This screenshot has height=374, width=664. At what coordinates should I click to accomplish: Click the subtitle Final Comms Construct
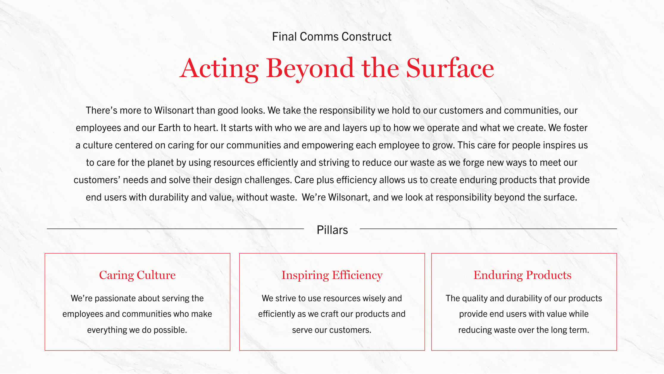click(332, 37)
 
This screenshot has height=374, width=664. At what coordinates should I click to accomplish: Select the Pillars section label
click(332, 230)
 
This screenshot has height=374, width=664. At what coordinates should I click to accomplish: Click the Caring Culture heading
click(137, 275)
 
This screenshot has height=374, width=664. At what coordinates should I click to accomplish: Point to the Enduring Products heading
click(522, 275)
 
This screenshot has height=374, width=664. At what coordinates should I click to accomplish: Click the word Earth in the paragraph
click(169, 128)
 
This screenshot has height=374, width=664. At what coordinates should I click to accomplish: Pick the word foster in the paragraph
click(575, 128)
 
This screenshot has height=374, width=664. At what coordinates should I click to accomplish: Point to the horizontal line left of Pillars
click(175, 229)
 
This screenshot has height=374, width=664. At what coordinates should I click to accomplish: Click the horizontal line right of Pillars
click(488, 229)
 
